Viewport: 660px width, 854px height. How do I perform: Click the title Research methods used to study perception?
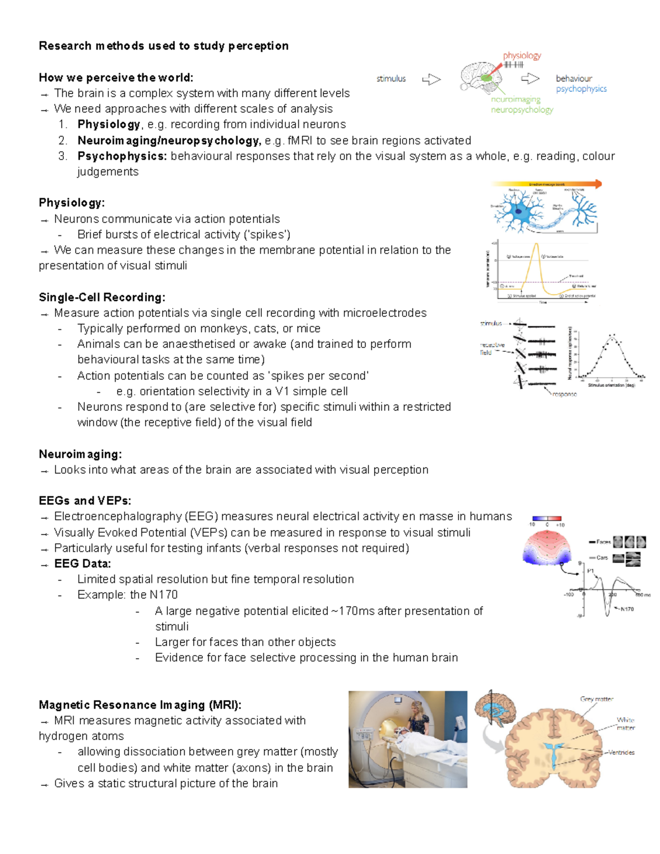[x=163, y=46]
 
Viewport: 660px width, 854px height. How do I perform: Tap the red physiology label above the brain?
[x=522, y=56]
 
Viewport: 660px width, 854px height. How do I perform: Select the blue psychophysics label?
[x=581, y=89]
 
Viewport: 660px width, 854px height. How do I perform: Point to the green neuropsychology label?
[x=522, y=109]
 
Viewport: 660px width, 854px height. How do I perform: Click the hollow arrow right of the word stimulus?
[x=431, y=80]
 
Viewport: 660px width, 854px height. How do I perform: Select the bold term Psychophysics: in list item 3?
[x=122, y=156]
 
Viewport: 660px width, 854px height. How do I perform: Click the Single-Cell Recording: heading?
[x=102, y=297]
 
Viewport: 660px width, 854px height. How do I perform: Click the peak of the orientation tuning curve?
[x=612, y=337]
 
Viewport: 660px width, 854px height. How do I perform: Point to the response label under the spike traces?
[x=564, y=394]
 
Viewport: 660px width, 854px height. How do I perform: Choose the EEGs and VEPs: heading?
[x=85, y=500]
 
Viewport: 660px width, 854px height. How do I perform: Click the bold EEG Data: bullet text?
[x=82, y=564]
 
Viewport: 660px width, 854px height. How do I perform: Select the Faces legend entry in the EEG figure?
[x=603, y=542]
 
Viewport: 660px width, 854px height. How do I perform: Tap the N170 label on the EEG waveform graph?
[x=627, y=609]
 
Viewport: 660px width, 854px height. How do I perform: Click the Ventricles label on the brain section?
[x=621, y=752]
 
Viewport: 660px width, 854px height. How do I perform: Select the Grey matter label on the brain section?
[x=596, y=699]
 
